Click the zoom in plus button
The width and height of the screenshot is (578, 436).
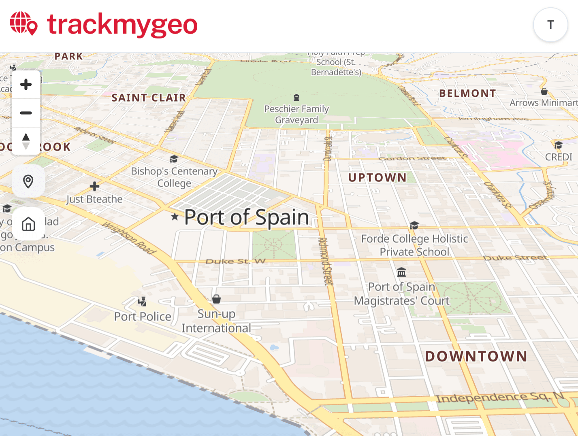[x=26, y=85]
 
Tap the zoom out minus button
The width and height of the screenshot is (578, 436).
[x=26, y=113]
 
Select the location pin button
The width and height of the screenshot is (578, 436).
[x=28, y=181]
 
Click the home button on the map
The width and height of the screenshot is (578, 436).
[x=28, y=224]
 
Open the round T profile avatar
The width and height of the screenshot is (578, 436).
[x=550, y=25]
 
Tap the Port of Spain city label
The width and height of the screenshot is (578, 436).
[x=246, y=217]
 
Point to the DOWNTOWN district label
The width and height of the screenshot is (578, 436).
[x=476, y=356]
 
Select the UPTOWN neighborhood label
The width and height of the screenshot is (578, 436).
[x=377, y=178]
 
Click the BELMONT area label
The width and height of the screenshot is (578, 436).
[x=467, y=94]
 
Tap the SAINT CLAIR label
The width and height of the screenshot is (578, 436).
[x=149, y=98]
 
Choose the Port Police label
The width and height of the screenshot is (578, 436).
[x=143, y=317]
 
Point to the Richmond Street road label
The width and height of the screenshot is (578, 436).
[x=325, y=261]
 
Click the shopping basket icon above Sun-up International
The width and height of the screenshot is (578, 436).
[x=217, y=299]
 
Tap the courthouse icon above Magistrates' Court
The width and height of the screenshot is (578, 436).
[x=401, y=272]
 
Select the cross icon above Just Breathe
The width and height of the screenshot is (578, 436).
[x=94, y=186]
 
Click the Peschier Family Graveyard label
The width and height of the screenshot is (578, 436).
[x=296, y=114]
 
